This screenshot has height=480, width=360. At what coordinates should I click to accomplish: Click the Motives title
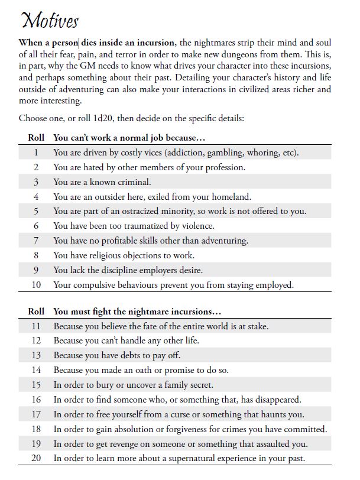(48, 21)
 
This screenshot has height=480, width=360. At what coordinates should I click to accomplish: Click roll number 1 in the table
(36, 153)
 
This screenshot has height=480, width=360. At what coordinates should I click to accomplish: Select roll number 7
(36, 241)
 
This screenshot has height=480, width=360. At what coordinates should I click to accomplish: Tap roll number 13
(36, 355)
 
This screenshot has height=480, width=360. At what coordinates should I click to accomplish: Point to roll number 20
(36, 458)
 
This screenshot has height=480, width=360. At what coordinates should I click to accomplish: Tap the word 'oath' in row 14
(153, 370)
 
